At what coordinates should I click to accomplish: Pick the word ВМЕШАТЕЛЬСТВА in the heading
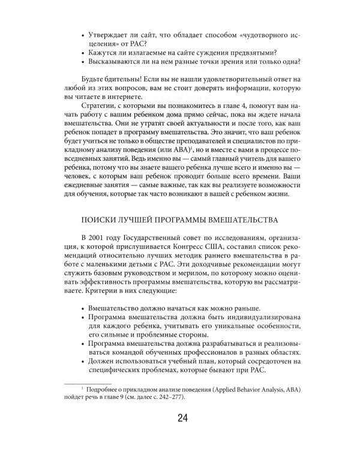point(237,220)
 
